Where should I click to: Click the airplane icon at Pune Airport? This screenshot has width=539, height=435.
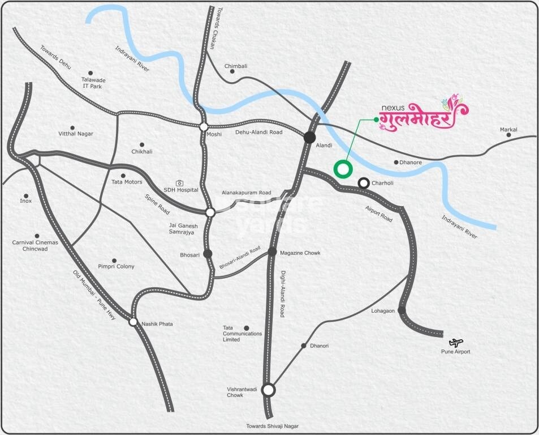pyautogui.click(x=456, y=342)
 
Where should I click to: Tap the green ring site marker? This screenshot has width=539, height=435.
pyautogui.click(x=343, y=168)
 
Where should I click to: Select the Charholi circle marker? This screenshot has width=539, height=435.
pyautogui.click(x=364, y=183)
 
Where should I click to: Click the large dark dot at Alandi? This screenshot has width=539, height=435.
pyautogui.click(x=309, y=137)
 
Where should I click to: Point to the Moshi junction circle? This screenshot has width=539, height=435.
pyautogui.click(x=203, y=127)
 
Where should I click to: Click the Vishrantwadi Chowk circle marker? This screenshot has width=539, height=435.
pyautogui.click(x=269, y=390)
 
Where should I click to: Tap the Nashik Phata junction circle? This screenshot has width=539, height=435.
pyautogui.click(x=133, y=322)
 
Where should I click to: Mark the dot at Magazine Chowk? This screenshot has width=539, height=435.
pyautogui.click(x=272, y=251)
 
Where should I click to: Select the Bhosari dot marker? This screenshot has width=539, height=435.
pyautogui.click(x=208, y=253)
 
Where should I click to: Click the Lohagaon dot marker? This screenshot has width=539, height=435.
pyautogui.click(x=401, y=310)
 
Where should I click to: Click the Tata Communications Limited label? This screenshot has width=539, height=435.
pyautogui.click(x=243, y=334)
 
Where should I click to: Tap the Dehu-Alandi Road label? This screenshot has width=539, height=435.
pyautogui.click(x=258, y=133)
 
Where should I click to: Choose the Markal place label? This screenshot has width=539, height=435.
pyautogui.click(x=508, y=130)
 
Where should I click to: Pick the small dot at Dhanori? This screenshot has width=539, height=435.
pyautogui.click(x=304, y=346)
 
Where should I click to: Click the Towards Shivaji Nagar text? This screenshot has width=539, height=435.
pyautogui.click(x=271, y=426)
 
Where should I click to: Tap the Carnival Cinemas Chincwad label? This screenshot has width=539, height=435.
pyautogui.click(x=35, y=245)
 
